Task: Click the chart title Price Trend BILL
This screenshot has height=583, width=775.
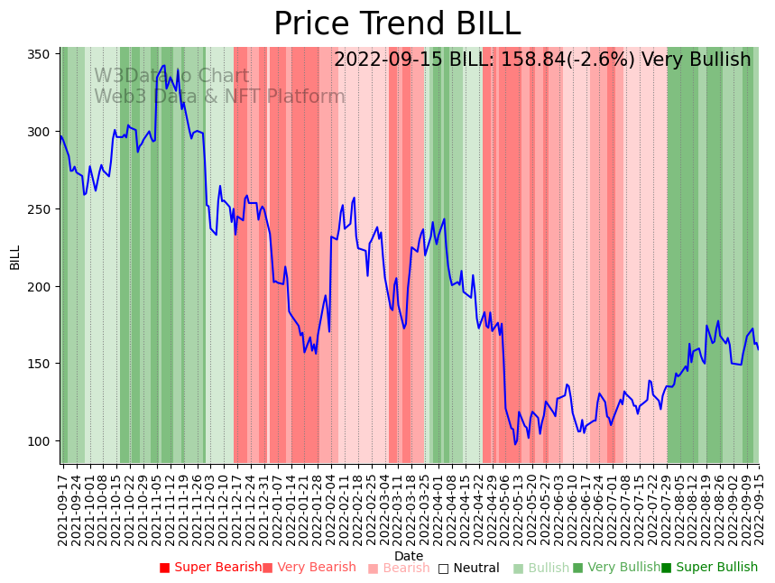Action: pyautogui.click(x=397, y=23)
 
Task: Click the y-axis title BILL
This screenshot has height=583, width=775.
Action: pyautogui.click(x=14, y=256)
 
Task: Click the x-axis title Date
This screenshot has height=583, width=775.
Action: pyautogui.click(x=409, y=556)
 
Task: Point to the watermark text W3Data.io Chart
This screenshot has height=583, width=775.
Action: pyautogui.click(x=171, y=76)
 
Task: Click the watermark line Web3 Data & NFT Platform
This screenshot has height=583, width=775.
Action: pyautogui.click(x=219, y=97)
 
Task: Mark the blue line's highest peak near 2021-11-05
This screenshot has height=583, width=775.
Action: pyautogui.click(x=163, y=65)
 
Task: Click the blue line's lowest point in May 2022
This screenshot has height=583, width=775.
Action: pyautogui.click(x=515, y=444)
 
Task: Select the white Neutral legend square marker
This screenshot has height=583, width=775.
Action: pyautogui.click(x=443, y=569)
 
